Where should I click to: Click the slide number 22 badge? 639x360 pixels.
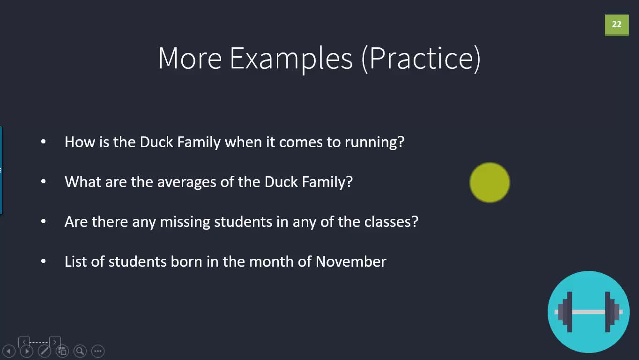click(x=617, y=25)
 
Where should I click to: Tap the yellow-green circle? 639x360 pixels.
click(x=490, y=182)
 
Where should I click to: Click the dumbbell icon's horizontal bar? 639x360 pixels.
click(x=588, y=312)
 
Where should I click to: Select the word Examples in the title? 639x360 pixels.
click(x=291, y=59)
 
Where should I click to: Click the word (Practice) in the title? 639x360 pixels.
click(x=421, y=59)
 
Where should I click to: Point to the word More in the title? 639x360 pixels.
click(x=190, y=59)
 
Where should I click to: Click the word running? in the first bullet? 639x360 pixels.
click(x=375, y=142)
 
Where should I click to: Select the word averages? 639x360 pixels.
click(x=186, y=182)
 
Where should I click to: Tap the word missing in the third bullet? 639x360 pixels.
click(x=185, y=222)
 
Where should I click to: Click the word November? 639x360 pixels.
click(x=351, y=262)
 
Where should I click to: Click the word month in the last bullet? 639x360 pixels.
click(x=271, y=262)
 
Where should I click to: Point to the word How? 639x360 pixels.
click(x=80, y=142)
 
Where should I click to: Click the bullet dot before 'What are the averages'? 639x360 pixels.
click(x=44, y=181)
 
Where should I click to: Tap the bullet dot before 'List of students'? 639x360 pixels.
click(x=44, y=261)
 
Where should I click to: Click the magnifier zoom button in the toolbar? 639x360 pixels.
click(x=80, y=351)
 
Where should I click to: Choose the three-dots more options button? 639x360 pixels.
click(x=98, y=351)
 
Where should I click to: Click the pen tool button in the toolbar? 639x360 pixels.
click(x=45, y=351)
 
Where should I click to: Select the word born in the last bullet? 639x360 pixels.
click(x=186, y=262)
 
